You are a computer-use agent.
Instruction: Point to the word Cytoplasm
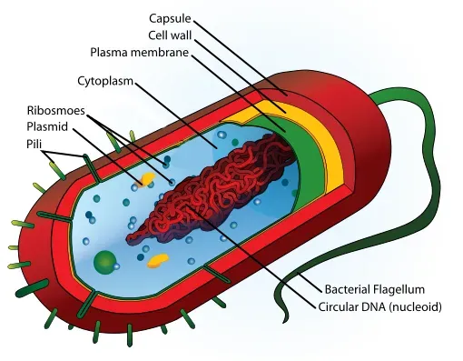(107, 81)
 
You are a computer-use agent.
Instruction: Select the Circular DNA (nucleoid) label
(379, 306)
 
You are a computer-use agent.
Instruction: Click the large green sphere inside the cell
(105, 264)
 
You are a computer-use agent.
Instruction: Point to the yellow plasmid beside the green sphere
(158, 261)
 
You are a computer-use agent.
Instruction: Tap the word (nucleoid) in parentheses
(414, 306)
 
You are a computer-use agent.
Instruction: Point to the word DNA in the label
(369, 306)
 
